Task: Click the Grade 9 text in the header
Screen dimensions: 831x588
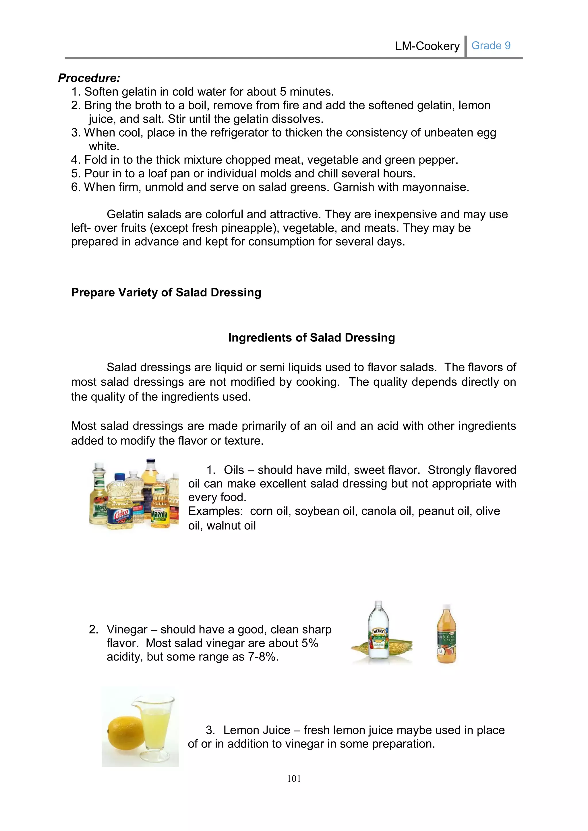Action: pyautogui.click(x=491, y=46)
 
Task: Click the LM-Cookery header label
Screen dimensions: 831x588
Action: pyautogui.click(x=427, y=46)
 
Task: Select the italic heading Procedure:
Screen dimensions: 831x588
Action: pyautogui.click(x=89, y=78)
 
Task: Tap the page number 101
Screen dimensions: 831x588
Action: pyautogui.click(x=294, y=778)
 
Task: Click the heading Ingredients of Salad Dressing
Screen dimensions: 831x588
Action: pyautogui.click(x=312, y=337)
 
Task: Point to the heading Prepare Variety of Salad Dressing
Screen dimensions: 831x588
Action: pyautogui.click(x=166, y=292)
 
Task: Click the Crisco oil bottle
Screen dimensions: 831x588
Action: pyautogui.click(x=121, y=505)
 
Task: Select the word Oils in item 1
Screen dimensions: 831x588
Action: pyautogui.click(x=234, y=470)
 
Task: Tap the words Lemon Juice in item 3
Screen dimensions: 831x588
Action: pyautogui.click(x=256, y=730)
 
